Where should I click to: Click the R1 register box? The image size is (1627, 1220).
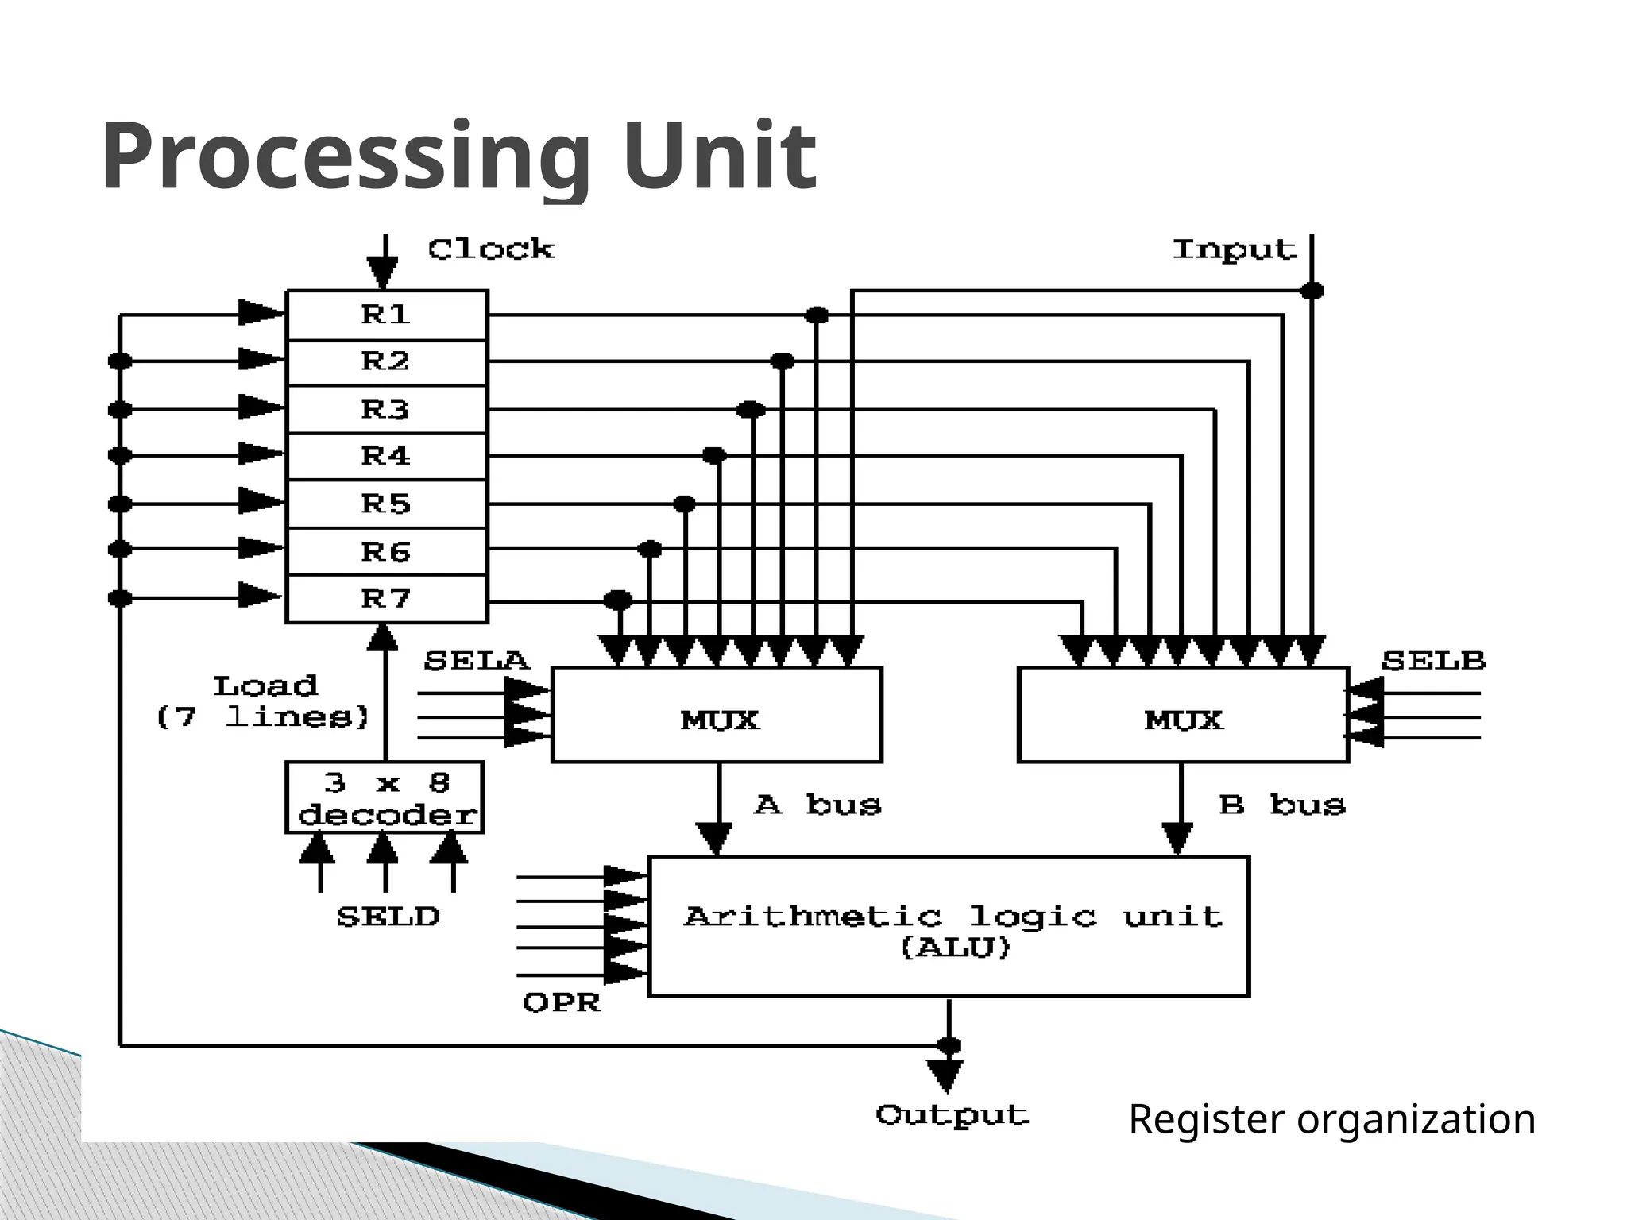coord(386,315)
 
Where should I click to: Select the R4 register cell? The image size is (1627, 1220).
coord(386,456)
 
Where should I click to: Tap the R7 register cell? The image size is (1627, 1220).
coord(386,598)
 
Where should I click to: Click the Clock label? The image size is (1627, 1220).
coord(491,249)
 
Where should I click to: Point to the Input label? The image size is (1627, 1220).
coord(1235,250)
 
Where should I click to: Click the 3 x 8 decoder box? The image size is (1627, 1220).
coord(385,797)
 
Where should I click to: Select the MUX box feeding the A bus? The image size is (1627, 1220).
coord(717,715)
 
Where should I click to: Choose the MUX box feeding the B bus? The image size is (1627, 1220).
coord(1183,715)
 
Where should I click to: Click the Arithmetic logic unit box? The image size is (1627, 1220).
coord(949,926)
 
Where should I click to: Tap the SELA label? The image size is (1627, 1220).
coord(477,661)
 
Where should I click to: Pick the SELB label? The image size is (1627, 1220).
coord(1433,661)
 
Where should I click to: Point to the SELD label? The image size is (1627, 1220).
coord(388,917)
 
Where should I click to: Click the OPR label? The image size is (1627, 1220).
coord(562,1003)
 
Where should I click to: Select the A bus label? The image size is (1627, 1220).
coord(817,805)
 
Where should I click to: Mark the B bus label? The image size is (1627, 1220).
coord(1282,805)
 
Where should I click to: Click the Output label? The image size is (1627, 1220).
coord(953,1116)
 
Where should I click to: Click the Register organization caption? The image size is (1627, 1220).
coord(1331,1120)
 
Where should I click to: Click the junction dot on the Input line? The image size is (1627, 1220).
coord(1312,291)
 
